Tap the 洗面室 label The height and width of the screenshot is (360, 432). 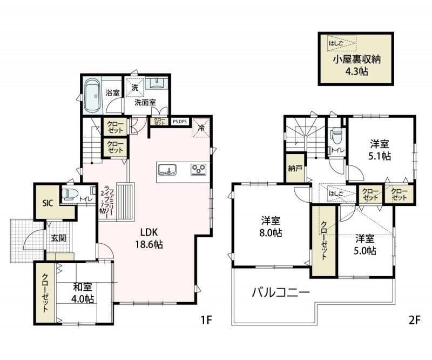click(145, 101)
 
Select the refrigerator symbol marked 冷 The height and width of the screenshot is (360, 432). click(201, 128)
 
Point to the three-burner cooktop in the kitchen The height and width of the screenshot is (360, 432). click(199, 170)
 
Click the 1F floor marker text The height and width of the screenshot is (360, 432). click(206, 320)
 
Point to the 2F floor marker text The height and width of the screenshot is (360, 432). click(414, 320)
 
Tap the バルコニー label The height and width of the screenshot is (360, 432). click(281, 293)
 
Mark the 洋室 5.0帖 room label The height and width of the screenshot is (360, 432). click(366, 244)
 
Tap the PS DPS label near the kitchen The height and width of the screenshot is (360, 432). click(179, 122)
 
